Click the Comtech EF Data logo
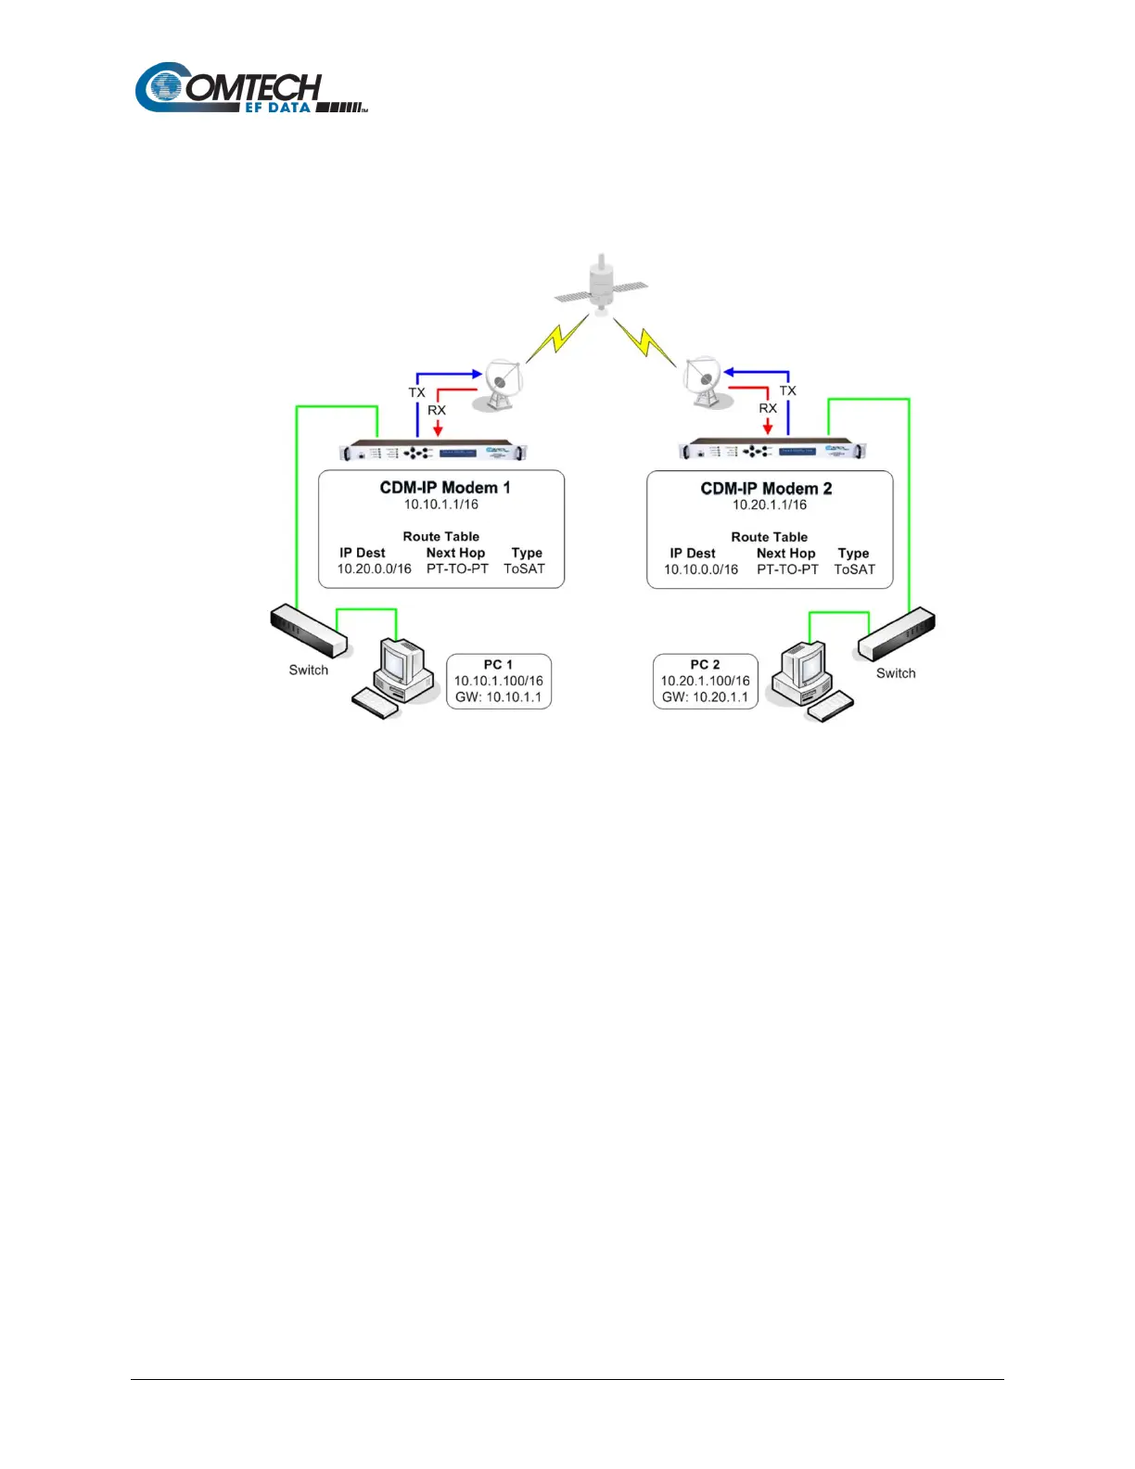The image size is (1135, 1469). click(x=250, y=89)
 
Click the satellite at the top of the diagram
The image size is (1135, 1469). click(x=602, y=284)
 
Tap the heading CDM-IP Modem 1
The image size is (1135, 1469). click(x=444, y=488)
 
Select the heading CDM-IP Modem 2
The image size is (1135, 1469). click(x=766, y=489)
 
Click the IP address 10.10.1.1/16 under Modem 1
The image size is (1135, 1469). click(x=441, y=505)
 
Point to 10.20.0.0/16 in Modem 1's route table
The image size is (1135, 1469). click(x=374, y=568)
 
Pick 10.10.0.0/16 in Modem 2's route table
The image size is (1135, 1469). click(x=701, y=569)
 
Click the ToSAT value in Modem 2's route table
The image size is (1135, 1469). click(x=854, y=569)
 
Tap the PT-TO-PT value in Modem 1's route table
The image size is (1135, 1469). click(x=457, y=568)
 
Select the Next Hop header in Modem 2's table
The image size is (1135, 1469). click(x=785, y=553)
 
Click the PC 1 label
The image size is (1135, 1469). click(x=498, y=664)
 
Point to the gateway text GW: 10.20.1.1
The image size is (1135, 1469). click(x=705, y=697)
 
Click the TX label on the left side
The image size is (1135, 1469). click(x=417, y=392)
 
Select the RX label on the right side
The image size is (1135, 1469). click(x=768, y=408)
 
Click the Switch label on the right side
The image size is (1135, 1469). click(x=896, y=673)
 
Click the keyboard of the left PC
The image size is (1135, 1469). click(x=376, y=703)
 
